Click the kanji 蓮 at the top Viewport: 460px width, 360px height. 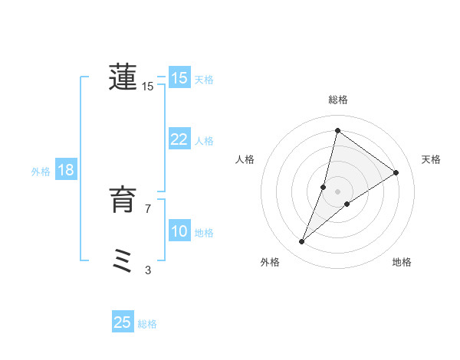[123, 77]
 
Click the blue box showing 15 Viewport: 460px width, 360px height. [179, 78]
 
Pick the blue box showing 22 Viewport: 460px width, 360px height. [179, 139]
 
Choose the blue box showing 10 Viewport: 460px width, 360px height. [179, 231]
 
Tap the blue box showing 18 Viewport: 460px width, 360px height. [65, 170]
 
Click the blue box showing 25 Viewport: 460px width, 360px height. [123, 322]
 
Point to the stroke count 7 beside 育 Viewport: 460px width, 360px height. [148, 208]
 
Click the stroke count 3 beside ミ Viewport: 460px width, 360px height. [148, 270]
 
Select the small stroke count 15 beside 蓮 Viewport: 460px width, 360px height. [148, 87]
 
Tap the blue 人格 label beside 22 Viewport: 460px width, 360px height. [204, 141]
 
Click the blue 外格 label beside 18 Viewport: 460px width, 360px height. [41, 172]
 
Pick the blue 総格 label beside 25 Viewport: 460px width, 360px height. [147, 324]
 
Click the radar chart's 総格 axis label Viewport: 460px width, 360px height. [337, 100]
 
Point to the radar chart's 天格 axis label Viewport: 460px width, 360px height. [431, 159]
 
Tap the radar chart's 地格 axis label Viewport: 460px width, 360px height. [402, 263]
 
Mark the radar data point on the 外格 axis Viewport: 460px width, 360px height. [302, 242]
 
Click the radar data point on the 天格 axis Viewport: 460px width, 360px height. [396, 172]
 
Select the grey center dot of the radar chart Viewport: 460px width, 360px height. [337, 191]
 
